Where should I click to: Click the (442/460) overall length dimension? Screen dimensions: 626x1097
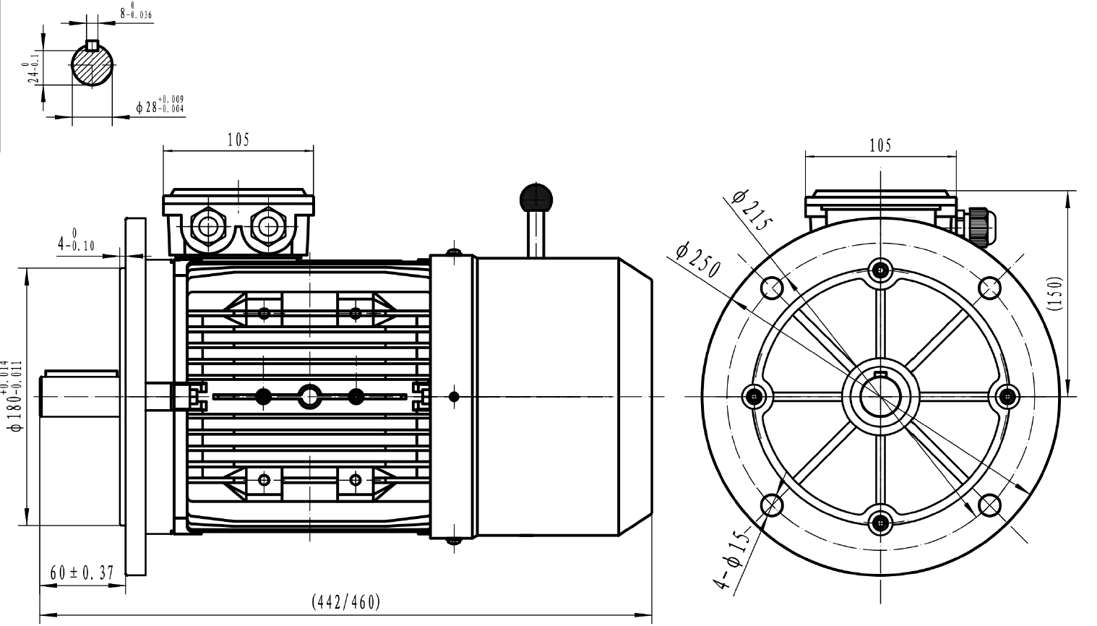pyautogui.click(x=345, y=601)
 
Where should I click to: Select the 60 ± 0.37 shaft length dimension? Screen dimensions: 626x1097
pyautogui.click(x=82, y=573)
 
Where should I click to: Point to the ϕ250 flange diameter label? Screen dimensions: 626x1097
pyautogui.click(x=698, y=260)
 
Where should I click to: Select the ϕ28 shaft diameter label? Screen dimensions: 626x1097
pyautogui.click(x=159, y=106)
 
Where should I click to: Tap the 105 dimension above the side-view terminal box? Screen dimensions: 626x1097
pyautogui.click(x=238, y=140)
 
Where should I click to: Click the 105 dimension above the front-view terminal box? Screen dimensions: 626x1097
pyautogui.click(x=880, y=145)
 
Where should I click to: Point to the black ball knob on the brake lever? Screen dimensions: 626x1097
pyautogui.click(x=535, y=196)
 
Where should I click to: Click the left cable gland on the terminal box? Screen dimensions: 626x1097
pyautogui.click(x=209, y=226)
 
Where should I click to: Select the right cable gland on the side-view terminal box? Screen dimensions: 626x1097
pyautogui.click(x=267, y=226)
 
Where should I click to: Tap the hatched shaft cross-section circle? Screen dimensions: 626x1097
pyautogui.click(x=93, y=66)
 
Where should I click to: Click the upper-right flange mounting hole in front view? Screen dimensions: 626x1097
pyautogui.click(x=989, y=288)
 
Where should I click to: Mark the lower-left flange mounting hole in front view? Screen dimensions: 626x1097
pyautogui.click(x=772, y=505)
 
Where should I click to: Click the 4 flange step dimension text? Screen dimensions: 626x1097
pyautogui.click(x=76, y=241)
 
